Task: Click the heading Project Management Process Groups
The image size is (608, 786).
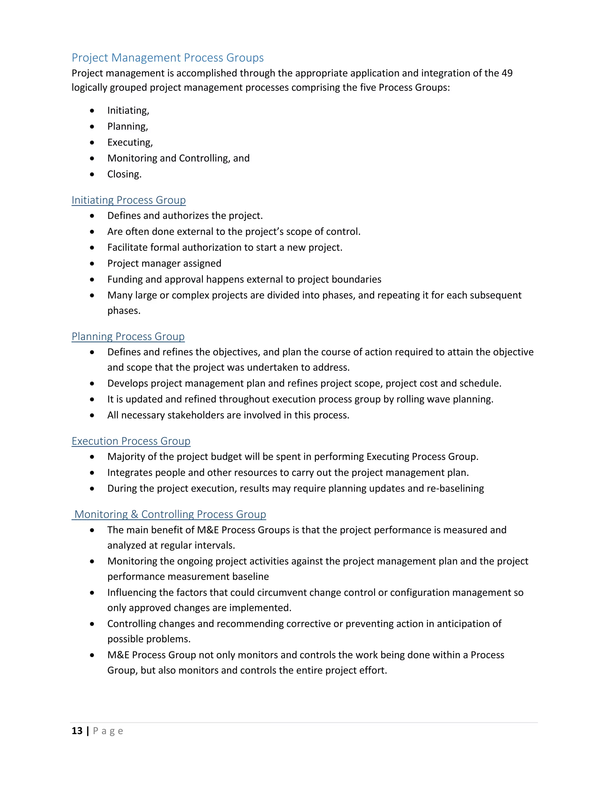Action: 167,58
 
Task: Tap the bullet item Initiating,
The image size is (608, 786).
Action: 128,111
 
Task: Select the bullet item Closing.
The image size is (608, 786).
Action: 124,174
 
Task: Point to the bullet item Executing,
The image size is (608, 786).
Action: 130,142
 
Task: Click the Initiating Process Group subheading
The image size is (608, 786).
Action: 129,200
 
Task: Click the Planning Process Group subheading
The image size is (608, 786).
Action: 128,337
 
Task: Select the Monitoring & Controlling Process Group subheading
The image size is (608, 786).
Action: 170,514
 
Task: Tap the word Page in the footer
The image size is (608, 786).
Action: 108,731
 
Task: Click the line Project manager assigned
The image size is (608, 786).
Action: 164,263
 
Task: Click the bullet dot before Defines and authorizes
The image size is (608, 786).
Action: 92,216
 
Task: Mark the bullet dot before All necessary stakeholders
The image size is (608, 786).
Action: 92,415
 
